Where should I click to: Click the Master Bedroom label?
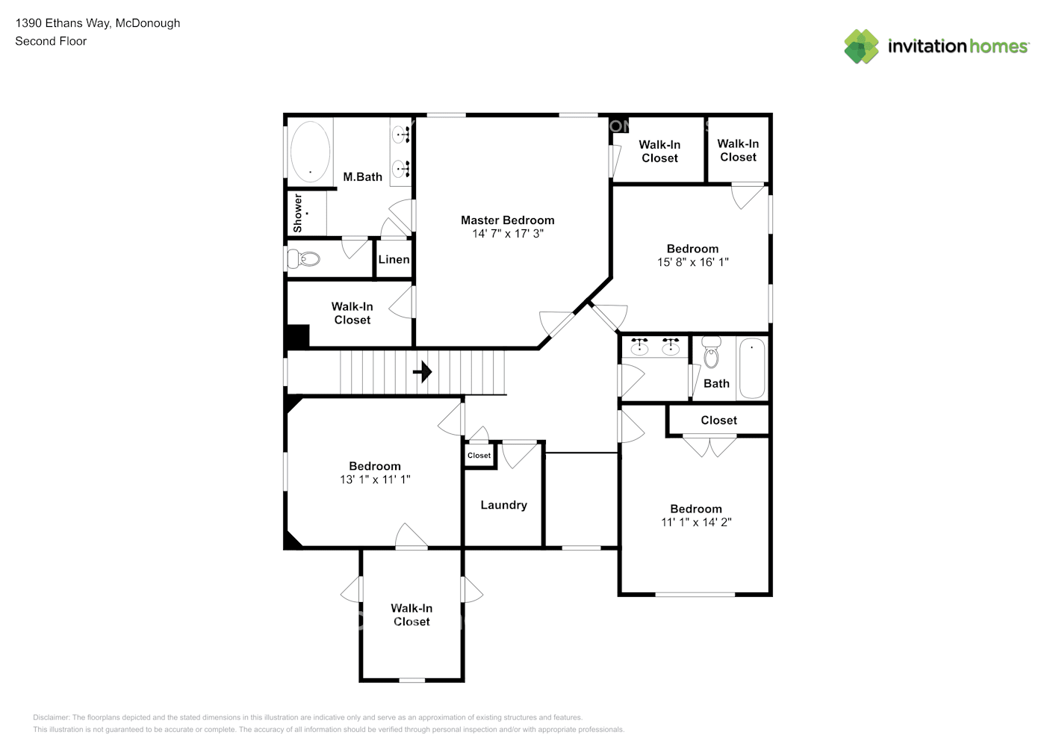507,220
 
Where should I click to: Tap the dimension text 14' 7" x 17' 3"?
507,234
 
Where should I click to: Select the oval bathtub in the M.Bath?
310,151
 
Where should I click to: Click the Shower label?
298,213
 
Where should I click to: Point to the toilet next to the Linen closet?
304,259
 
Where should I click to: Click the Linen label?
394,260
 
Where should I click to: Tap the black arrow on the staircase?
423,371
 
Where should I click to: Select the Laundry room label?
503,506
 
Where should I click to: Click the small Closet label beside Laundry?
479,456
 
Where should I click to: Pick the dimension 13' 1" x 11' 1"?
375,480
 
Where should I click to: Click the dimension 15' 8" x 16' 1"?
692,262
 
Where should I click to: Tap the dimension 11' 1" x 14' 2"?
696,522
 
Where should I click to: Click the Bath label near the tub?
716,384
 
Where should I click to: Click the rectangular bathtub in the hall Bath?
751,368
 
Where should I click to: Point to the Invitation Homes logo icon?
861,46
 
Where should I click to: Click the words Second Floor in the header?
51,41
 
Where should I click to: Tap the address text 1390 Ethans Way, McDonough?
98,23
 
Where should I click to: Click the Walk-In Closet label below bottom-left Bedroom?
411,615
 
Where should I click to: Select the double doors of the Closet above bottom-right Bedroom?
710,446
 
